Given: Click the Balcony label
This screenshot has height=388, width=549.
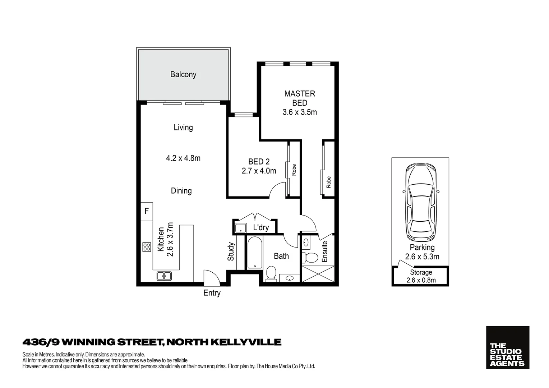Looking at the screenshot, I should [183, 74].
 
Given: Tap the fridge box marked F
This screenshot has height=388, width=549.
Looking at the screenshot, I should [147, 211].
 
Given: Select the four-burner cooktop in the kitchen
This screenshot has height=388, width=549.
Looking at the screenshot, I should [147, 247].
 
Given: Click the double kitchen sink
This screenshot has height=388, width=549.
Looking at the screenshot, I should [164, 276].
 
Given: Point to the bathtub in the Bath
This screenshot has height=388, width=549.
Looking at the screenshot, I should [255, 253].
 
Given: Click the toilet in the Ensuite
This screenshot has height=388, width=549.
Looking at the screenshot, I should [311, 257].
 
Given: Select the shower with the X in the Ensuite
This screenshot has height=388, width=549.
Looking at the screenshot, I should [318, 274].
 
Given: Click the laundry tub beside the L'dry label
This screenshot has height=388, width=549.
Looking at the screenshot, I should [240, 228].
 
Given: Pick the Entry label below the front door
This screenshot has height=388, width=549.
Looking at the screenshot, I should [212, 293].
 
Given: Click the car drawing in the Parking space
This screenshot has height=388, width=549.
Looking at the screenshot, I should [421, 202].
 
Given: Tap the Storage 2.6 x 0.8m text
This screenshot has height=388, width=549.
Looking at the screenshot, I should [421, 276].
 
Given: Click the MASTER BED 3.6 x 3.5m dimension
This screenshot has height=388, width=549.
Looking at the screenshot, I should [300, 112].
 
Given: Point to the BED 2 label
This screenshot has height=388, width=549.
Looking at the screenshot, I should [259, 162].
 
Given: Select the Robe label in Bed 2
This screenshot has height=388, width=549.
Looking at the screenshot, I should [294, 170].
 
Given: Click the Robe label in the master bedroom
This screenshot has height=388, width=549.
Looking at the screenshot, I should [328, 182].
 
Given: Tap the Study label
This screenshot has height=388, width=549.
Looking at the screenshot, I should [231, 251].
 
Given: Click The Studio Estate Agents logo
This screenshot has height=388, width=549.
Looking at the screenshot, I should [507, 347].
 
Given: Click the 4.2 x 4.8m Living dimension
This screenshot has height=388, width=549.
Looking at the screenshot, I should [183, 158].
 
